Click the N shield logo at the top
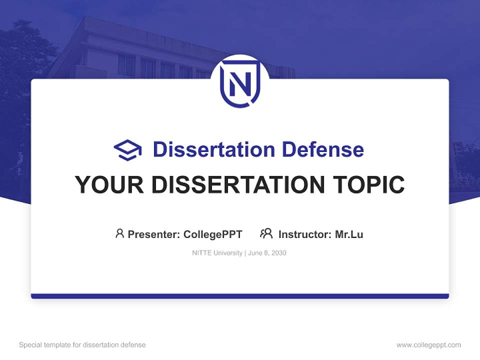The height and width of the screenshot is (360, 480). pyautogui.click(x=240, y=84)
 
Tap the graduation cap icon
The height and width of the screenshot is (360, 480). pyautogui.click(x=127, y=150)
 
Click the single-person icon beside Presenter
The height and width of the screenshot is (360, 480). pyautogui.click(x=119, y=233)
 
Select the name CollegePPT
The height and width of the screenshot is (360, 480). pyautogui.click(x=213, y=234)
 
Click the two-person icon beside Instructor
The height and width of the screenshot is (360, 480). pyautogui.click(x=266, y=233)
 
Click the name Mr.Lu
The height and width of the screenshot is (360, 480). pyautogui.click(x=349, y=234)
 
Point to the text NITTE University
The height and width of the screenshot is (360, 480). pyautogui.click(x=217, y=253)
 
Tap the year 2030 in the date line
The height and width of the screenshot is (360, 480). pyautogui.click(x=278, y=253)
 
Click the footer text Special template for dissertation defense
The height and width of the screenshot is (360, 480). pyautogui.click(x=82, y=345)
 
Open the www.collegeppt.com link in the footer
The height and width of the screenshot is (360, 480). pyautogui.click(x=428, y=345)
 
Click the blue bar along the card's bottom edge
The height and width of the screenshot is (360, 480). pyautogui.click(x=240, y=296)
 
